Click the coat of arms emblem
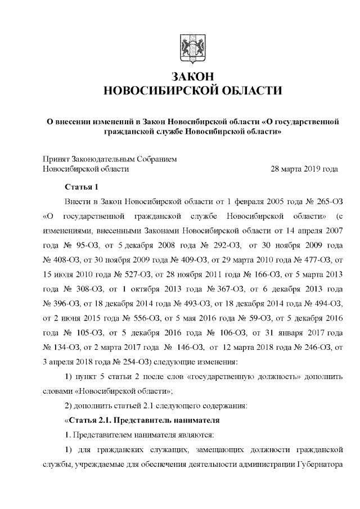coord(191,48)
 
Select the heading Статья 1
coord(82,186)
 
